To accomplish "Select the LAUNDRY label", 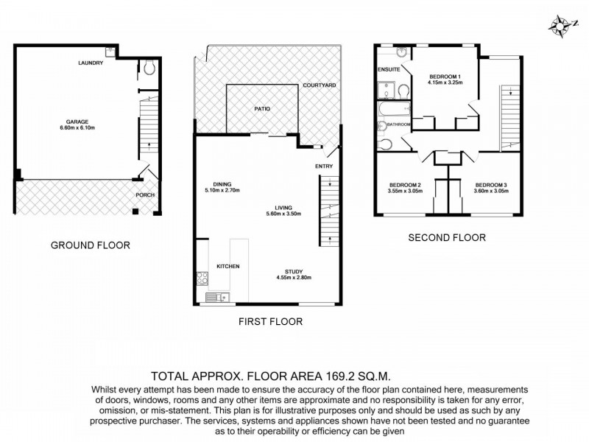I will click(91, 63).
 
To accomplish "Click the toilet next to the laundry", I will click(148, 67).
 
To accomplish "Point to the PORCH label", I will click(145, 195).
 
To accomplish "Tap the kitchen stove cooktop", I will click(202, 278).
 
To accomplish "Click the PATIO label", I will click(262, 109).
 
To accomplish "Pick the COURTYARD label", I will click(320, 86).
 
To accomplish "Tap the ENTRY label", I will click(323, 166).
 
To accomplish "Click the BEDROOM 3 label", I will click(491, 184).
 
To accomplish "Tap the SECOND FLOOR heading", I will click(447, 238).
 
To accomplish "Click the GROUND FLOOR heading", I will click(91, 245).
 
